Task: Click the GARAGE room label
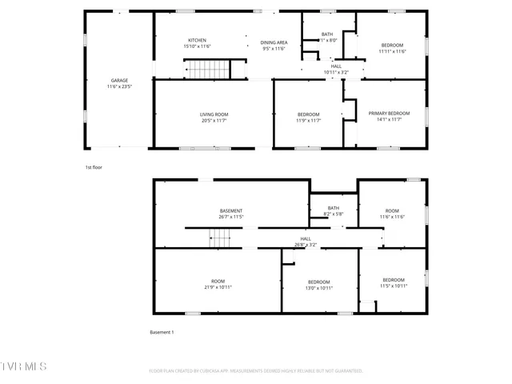[119, 80]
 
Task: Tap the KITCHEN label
[198, 40]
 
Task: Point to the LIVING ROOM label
[214, 114]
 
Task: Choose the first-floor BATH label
[328, 34]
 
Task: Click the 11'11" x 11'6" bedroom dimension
[392, 51]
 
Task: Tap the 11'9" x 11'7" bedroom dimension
[308, 121]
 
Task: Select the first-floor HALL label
[336, 66]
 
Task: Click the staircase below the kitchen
[209, 70]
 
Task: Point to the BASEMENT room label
[231, 211]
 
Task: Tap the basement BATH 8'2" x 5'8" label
[333, 211]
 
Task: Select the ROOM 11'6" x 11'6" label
[392, 214]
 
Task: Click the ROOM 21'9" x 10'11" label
[218, 284]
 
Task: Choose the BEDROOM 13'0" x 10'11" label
[319, 284]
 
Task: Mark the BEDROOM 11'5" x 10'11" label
[394, 283]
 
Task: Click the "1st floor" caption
[94, 167]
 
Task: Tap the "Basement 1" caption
[162, 332]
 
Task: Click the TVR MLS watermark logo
[24, 366]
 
